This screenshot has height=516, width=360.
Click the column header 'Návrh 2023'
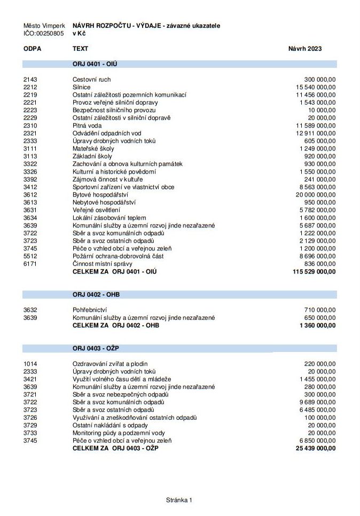(x=305, y=49)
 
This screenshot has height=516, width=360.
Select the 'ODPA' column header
(x=33, y=49)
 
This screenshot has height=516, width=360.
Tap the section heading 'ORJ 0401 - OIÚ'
(x=95, y=64)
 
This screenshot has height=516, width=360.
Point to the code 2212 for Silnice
(x=30, y=87)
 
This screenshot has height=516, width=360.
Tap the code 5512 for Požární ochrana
(x=30, y=256)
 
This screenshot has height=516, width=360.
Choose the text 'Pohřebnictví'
(x=90, y=310)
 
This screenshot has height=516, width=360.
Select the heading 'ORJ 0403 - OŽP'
(x=96, y=348)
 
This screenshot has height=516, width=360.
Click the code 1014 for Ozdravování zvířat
(x=30, y=364)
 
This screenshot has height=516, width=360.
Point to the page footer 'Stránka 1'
(x=179, y=500)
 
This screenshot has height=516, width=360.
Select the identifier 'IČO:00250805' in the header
(x=44, y=33)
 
